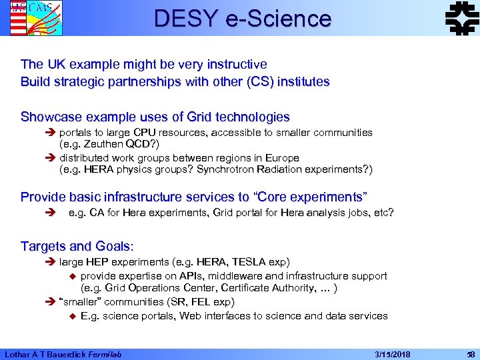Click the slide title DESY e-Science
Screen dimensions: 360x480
tap(242, 19)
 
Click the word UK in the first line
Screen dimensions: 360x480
tap(55, 64)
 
